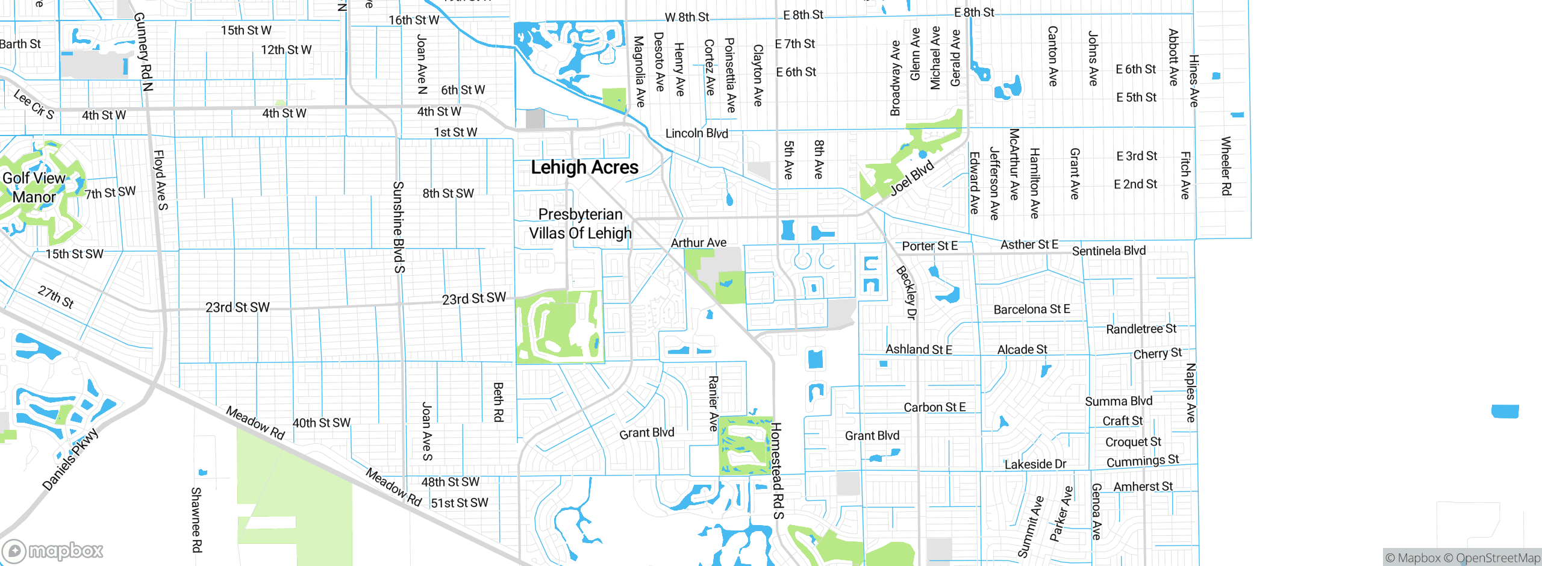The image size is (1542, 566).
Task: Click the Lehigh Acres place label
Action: click(584, 167)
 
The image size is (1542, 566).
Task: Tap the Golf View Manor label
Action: click(34, 187)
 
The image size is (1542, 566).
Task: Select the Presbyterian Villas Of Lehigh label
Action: click(580, 223)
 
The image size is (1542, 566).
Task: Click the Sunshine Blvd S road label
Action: click(399, 227)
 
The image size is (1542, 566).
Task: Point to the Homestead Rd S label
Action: click(778, 471)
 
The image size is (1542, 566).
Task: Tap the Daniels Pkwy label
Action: click(70, 459)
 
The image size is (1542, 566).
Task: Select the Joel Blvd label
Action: click(912, 178)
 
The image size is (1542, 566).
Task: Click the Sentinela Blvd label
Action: click(1108, 250)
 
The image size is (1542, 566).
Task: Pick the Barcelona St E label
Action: click(1032, 309)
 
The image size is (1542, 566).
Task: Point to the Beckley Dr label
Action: click(906, 293)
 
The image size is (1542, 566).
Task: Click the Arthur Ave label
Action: click(699, 243)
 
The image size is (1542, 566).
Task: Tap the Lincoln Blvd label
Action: click(696, 133)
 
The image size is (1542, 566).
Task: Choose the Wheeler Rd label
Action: click(1226, 166)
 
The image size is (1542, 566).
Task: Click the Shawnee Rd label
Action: click(196, 520)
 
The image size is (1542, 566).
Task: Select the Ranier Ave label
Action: click(713, 403)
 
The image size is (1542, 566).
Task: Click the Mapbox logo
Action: click(53, 550)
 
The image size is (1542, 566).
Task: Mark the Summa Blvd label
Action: click(1119, 401)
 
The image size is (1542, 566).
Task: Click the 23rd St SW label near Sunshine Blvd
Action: click(473, 299)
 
